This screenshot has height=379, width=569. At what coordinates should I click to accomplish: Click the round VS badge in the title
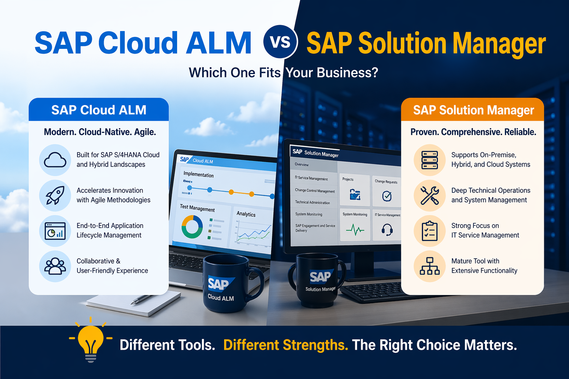280,41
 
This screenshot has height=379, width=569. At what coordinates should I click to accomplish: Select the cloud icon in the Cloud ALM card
55,160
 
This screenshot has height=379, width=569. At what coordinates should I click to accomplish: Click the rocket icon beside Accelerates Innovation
55,195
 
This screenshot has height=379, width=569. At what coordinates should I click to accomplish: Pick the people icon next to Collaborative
55,266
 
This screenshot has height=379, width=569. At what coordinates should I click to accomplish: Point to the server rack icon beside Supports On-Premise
430,160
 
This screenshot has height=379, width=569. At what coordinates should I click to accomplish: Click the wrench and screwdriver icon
430,195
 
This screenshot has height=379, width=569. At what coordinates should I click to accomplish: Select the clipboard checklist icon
430,231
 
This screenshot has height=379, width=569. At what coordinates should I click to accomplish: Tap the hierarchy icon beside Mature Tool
430,266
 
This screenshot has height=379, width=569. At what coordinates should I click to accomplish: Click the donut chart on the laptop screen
192,227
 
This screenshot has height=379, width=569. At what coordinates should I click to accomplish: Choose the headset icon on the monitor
387,230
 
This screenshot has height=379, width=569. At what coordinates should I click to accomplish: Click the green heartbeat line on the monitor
355,230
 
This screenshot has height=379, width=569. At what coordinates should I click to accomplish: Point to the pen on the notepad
141,299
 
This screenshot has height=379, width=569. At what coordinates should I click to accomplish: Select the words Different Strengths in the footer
286,345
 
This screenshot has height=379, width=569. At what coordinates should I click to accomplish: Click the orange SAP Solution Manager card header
473,110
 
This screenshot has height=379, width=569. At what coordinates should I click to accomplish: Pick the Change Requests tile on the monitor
386,191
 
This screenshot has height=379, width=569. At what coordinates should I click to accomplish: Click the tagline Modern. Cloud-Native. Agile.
100,132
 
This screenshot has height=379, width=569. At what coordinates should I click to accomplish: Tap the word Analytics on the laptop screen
246,214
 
